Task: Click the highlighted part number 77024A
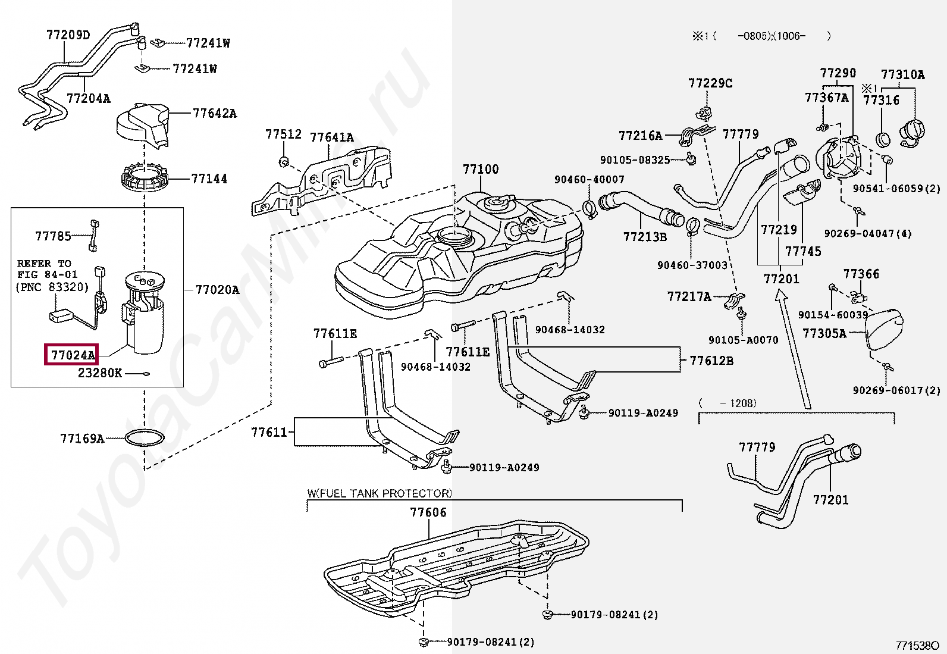tap(73, 355)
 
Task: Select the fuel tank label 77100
tap(481, 170)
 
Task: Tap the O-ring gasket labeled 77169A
tap(145, 439)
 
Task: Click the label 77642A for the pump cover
tap(214, 113)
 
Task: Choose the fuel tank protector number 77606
tap(428, 512)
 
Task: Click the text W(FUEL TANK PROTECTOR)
tap(380, 493)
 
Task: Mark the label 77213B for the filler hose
tap(645, 237)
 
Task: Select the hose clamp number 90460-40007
tap(589, 179)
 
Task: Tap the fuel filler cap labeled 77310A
tap(902, 75)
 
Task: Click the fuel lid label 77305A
tap(824, 333)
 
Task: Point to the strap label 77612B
tap(711, 361)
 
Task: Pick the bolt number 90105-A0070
tap(743, 340)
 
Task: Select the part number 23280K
tap(100, 373)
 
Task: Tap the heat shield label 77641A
tap(331, 138)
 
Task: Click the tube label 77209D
tap(68, 35)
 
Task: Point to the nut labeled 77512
tap(283, 135)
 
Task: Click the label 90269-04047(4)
tap(868, 234)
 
